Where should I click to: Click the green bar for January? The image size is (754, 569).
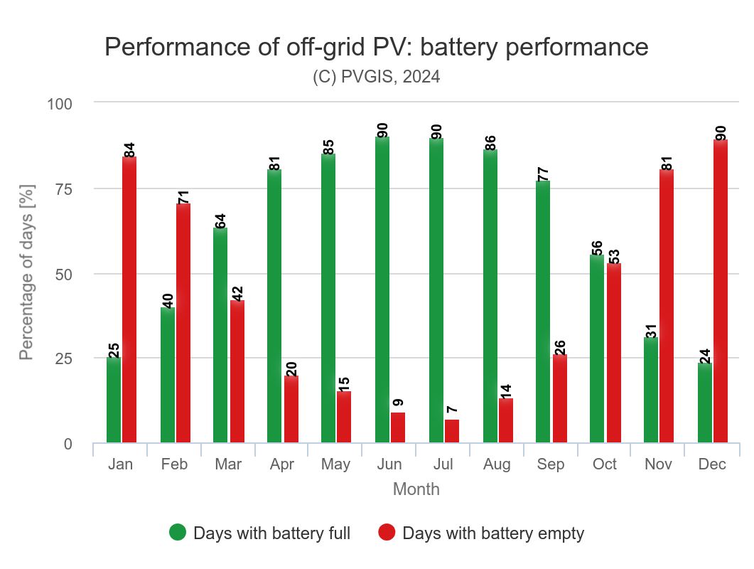tap(114, 400)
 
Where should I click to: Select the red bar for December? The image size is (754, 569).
tap(721, 292)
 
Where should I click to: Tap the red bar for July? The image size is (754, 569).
tap(452, 431)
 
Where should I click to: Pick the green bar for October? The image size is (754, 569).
tap(597, 349)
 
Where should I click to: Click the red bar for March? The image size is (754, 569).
tap(237, 371)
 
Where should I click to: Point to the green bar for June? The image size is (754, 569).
tap(382, 289)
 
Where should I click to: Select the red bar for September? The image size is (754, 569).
tap(560, 398)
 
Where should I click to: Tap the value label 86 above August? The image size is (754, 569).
tap(490, 140)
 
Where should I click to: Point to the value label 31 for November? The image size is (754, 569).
tap(652, 328)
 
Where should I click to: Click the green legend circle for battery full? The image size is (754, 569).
tap(178, 532)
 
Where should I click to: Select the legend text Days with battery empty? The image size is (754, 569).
tap(493, 533)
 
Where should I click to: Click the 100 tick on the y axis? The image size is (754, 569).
tap(60, 103)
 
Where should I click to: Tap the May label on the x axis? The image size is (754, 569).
tap(335, 464)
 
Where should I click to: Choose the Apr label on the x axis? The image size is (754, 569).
tap(283, 464)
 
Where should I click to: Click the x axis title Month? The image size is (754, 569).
tap(416, 489)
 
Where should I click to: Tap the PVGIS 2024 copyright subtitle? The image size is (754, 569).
tap(377, 77)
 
